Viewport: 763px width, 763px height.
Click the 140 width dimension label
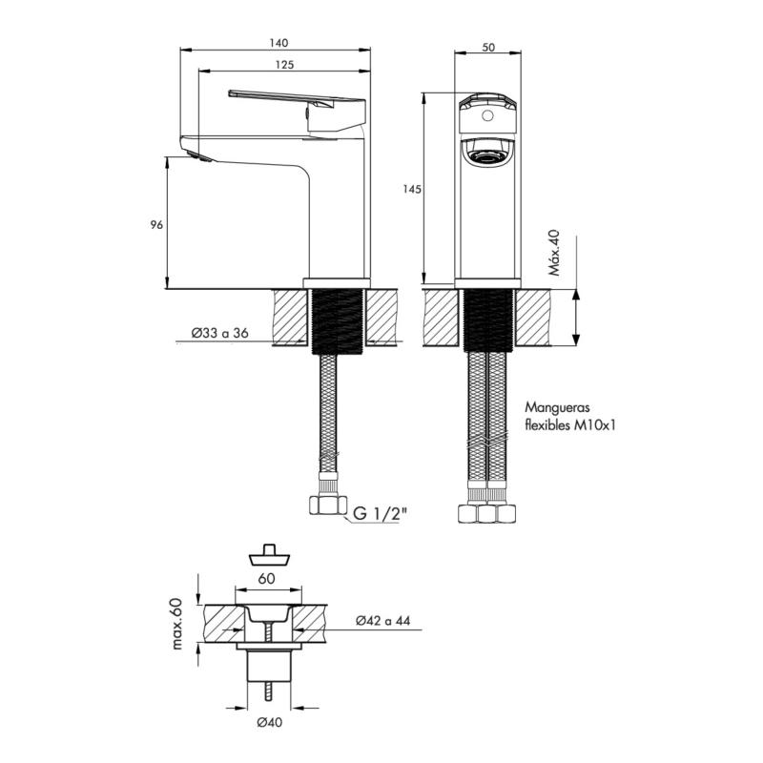[x=278, y=43]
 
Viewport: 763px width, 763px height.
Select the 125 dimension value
[x=284, y=65]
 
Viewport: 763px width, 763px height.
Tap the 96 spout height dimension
[x=156, y=225]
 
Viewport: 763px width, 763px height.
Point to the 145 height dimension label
[x=412, y=189]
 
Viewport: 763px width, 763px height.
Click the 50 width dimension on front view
[x=488, y=47]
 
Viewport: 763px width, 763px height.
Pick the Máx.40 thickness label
[x=554, y=253]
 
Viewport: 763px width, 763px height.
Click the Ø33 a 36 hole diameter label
[x=219, y=333]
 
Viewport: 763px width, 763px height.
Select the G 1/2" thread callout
[x=379, y=514]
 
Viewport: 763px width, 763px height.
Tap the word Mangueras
[x=550, y=407]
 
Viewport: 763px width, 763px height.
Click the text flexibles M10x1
[x=570, y=425]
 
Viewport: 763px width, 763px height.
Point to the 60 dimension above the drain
[x=267, y=579]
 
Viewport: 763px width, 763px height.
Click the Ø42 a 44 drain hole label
[x=383, y=621]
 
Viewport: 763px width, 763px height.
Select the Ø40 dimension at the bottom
[x=270, y=723]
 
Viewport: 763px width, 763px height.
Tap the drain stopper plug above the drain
[x=269, y=555]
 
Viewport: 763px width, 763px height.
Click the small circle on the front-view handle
[x=486, y=115]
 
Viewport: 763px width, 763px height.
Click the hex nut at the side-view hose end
[x=328, y=505]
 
